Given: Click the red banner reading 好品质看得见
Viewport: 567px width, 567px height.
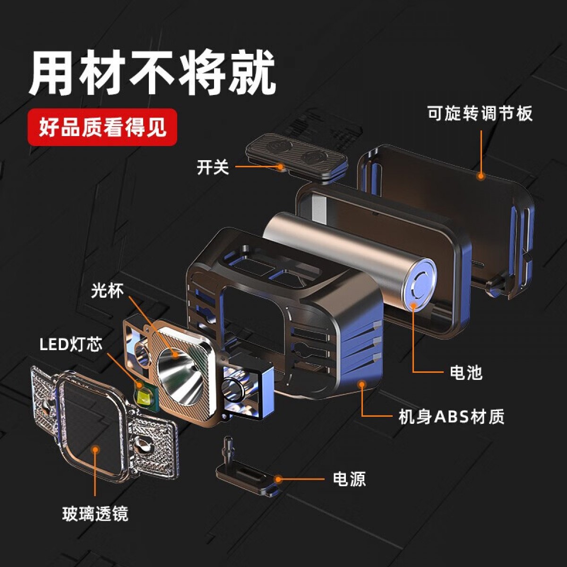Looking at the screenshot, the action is [103, 127].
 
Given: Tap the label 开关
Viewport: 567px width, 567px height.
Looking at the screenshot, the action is [213, 167].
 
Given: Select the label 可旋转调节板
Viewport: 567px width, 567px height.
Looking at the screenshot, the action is [480, 113].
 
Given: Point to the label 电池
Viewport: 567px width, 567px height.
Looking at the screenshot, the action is [466, 372].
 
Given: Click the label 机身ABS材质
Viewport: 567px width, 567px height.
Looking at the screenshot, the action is [451, 416].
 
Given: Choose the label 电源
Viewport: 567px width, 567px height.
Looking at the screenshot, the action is [349, 479].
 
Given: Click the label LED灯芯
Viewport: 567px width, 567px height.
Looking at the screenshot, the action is [71, 344].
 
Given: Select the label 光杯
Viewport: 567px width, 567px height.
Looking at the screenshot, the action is [107, 291].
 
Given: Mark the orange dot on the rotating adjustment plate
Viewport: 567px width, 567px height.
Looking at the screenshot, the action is [481, 176].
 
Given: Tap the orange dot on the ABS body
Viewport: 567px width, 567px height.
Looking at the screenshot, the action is [362, 384].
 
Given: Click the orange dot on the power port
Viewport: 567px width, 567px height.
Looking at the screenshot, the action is [278, 479].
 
